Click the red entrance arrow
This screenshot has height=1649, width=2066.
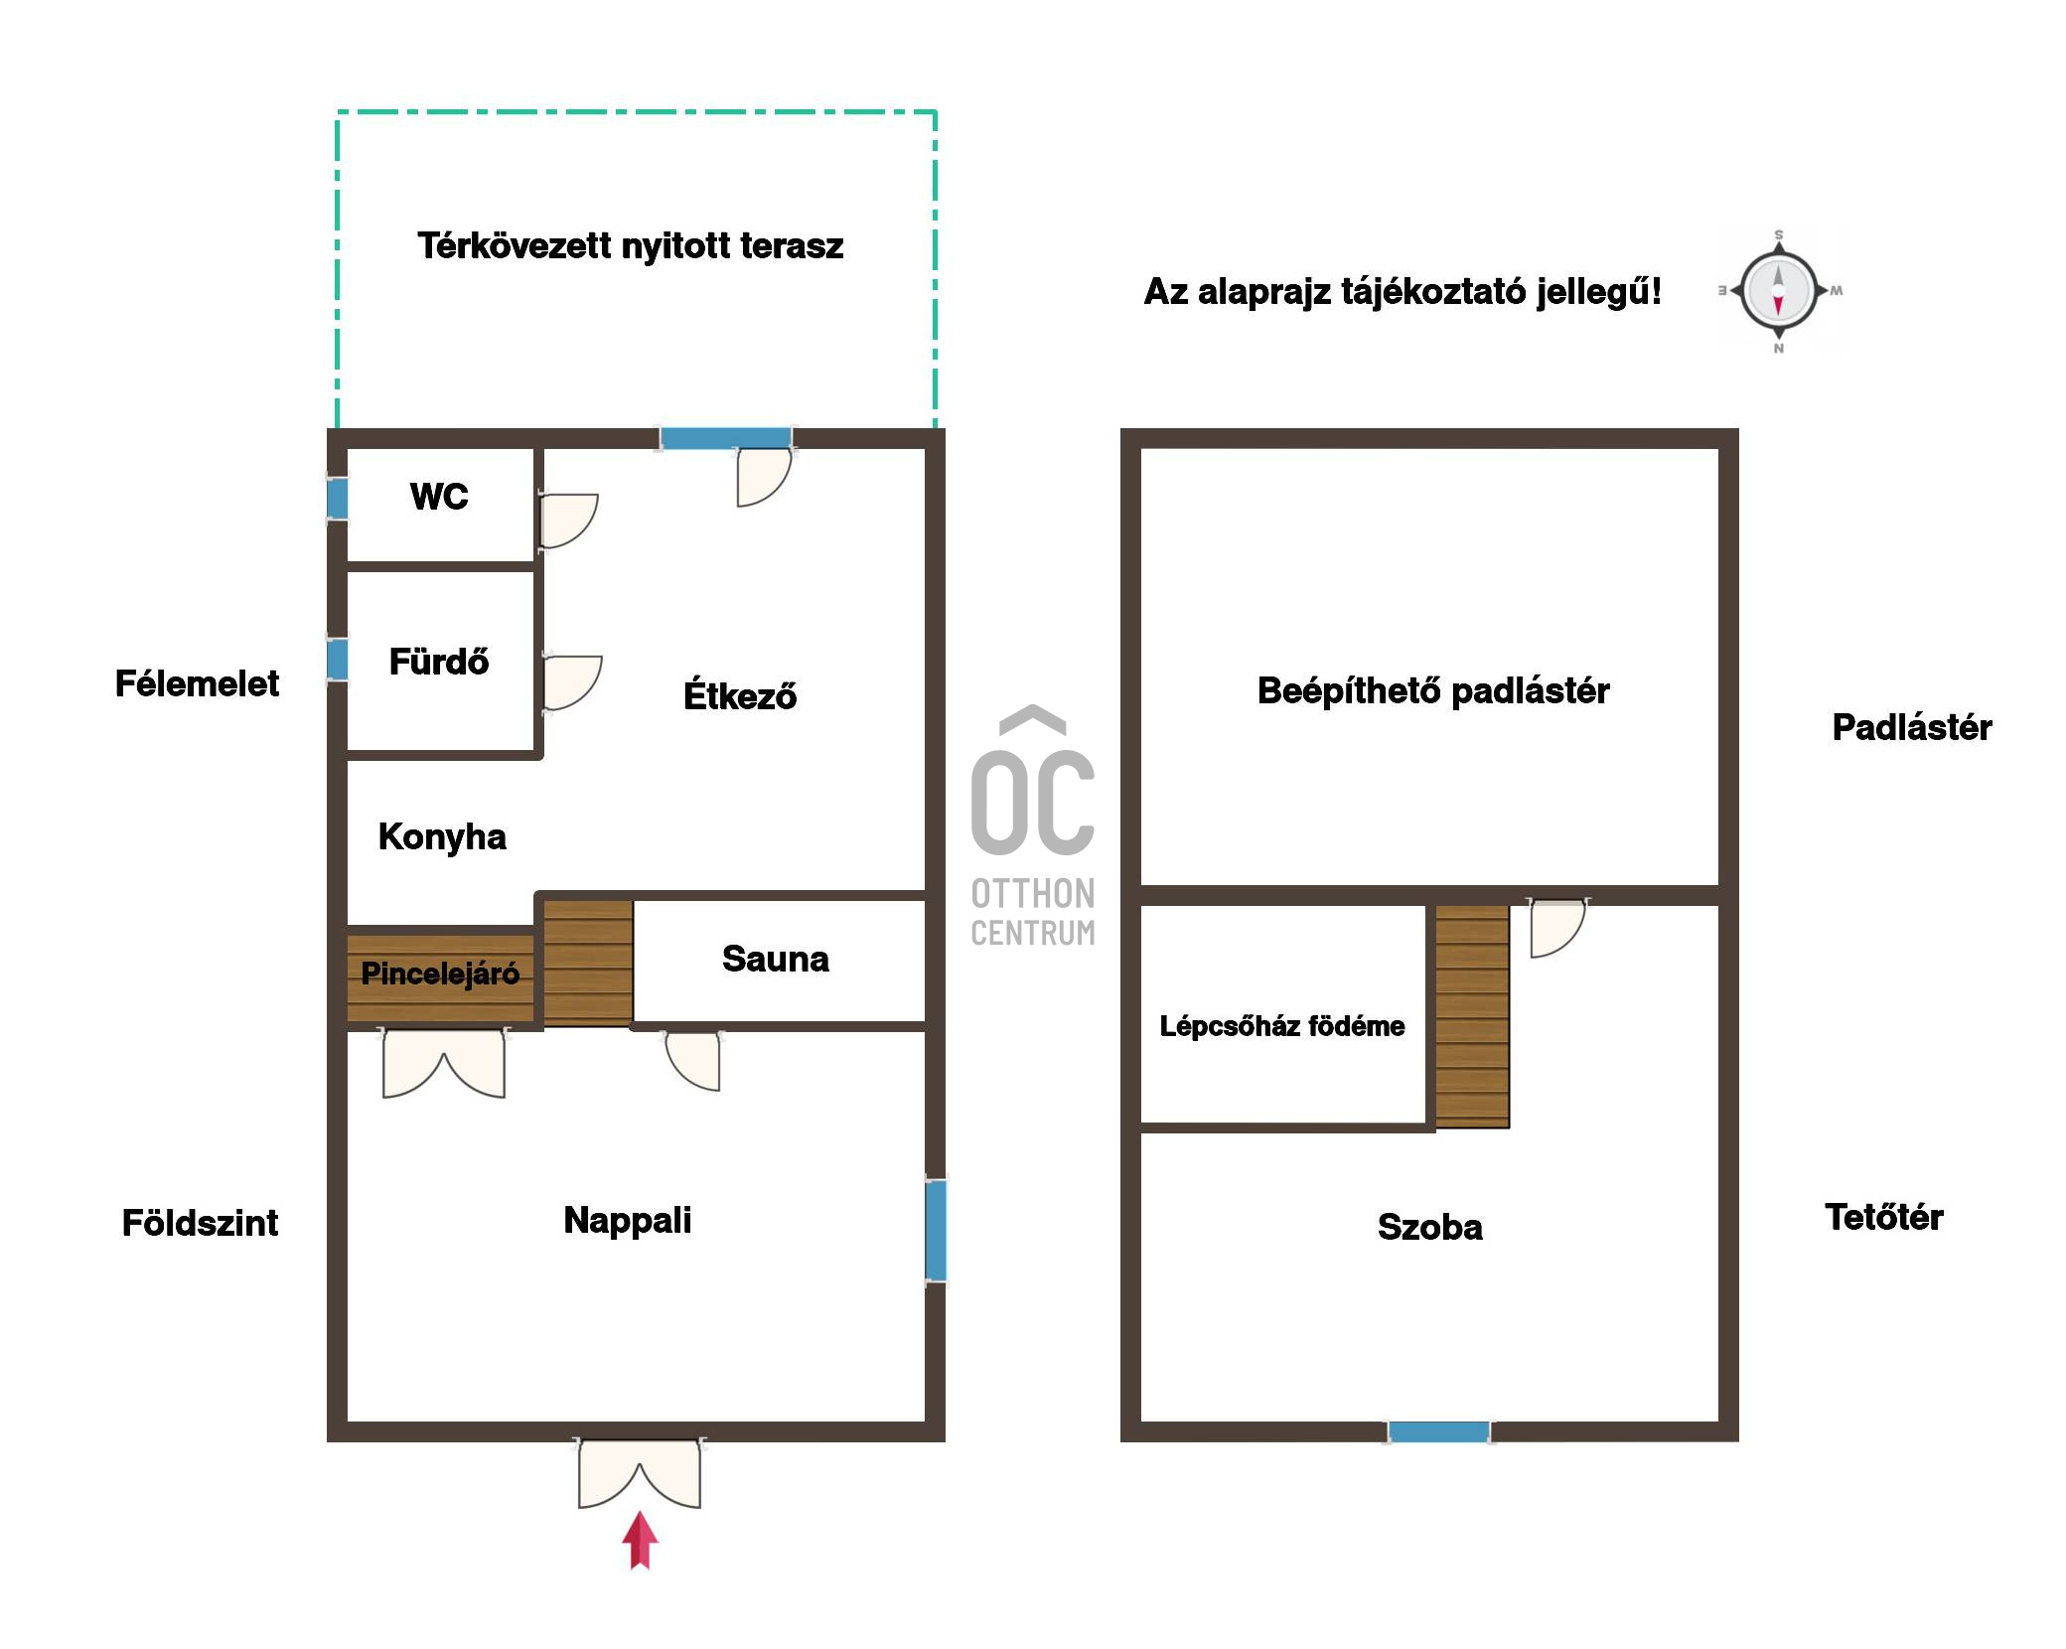tap(640, 1540)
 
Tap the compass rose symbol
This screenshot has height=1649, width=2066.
tap(1778, 291)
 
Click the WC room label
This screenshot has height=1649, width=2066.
tap(439, 496)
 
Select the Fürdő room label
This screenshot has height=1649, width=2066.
tap(439, 661)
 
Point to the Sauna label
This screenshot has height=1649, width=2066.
tap(775, 959)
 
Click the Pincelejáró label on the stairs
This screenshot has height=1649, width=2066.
tap(440, 974)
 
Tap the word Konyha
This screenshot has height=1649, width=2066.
tap(442, 836)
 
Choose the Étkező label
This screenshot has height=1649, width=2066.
tap(740, 694)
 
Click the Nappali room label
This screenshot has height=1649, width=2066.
tap(628, 1220)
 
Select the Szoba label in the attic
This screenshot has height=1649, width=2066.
tap(1430, 1227)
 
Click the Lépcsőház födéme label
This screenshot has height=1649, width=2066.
tap(1282, 1026)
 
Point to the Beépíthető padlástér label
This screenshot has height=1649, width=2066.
tap(1433, 690)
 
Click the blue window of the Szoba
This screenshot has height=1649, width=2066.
tap(1438, 1431)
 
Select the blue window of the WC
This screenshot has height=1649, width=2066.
tap(338, 499)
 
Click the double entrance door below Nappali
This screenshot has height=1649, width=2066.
tap(640, 1473)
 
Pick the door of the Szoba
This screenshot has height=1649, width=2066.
tap(1556, 928)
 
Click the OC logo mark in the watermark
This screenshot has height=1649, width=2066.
tap(1033, 781)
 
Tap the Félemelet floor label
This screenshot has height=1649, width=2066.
tap(197, 683)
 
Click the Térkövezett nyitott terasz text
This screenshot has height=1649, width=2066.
tap(630, 245)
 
